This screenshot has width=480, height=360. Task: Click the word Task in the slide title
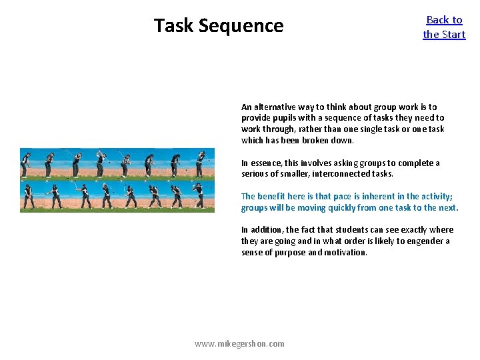[x=174, y=25]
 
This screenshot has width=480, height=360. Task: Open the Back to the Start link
[x=444, y=27]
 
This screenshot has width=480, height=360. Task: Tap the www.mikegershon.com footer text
[x=239, y=343]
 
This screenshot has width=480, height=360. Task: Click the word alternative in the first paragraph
[x=277, y=107]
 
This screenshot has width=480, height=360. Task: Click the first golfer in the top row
[x=26, y=163]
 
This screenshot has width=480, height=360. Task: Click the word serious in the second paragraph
[x=256, y=174]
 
